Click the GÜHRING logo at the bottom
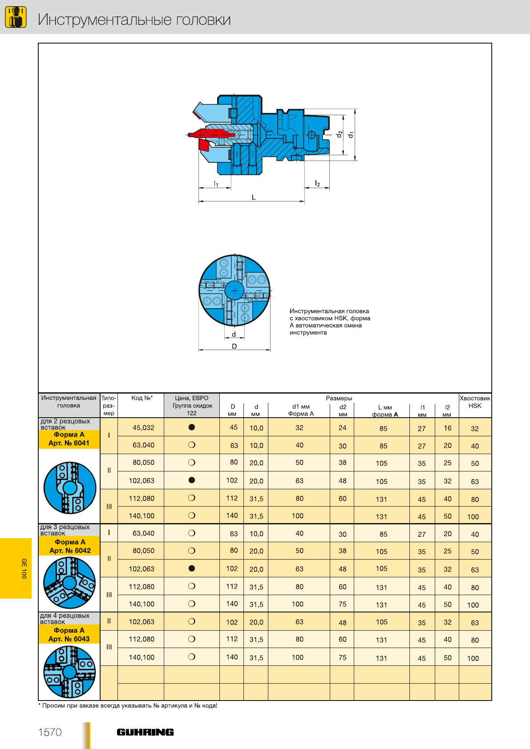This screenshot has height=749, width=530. [x=145, y=732]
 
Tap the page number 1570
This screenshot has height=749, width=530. [x=50, y=732]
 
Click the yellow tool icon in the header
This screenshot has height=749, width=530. [x=16, y=17]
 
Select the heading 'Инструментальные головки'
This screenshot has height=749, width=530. [x=134, y=20]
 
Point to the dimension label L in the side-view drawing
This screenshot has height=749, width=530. [x=254, y=197]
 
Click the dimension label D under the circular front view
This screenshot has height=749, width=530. [x=235, y=346]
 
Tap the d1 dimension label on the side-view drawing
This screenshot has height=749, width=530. [x=351, y=134]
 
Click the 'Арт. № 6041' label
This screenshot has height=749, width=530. [x=69, y=443]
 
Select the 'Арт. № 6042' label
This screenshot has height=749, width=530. [x=70, y=550]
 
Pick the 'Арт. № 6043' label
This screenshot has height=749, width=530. [x=69, y=639]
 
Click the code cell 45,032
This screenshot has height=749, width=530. [x=143, y=427]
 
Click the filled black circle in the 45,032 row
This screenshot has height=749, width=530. [x=192, y=427]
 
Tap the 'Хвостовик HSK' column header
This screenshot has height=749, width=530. [x=475, y=402]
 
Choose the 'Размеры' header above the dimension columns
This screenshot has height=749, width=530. [x=339, y=398]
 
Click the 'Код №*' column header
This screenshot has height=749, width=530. [x=142, y=398]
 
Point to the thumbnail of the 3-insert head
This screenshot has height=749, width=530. [x=69, y=582]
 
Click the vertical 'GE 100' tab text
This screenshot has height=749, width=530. [x=24, y=568]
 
